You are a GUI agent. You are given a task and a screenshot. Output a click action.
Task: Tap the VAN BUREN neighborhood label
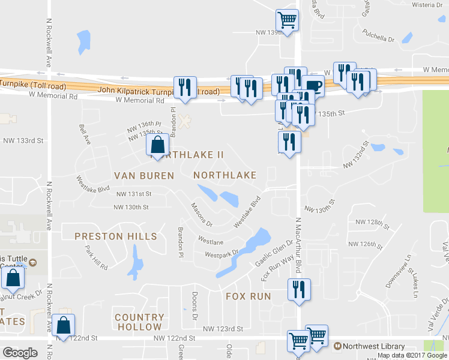coord(145,176)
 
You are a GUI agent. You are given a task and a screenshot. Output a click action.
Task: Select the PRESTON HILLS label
coord(116,236)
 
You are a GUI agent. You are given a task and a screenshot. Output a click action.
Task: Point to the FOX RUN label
coord(249,296)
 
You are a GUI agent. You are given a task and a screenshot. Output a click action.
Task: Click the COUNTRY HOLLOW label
coord(139,322)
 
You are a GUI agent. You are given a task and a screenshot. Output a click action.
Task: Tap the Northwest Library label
coord(373,346)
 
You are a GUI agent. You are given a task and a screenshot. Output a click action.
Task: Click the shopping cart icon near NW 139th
coord(288,19)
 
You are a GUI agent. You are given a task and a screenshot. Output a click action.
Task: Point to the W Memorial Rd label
coord(136,101)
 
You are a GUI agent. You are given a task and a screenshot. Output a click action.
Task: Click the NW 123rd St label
coord(223,329)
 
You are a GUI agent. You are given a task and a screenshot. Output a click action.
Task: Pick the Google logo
coord(20,352)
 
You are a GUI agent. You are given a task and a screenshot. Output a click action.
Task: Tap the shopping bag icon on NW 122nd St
coord(62,325)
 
